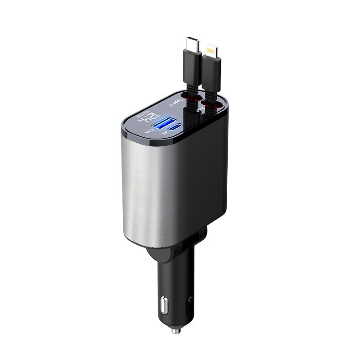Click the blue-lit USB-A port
click(161, 124)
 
